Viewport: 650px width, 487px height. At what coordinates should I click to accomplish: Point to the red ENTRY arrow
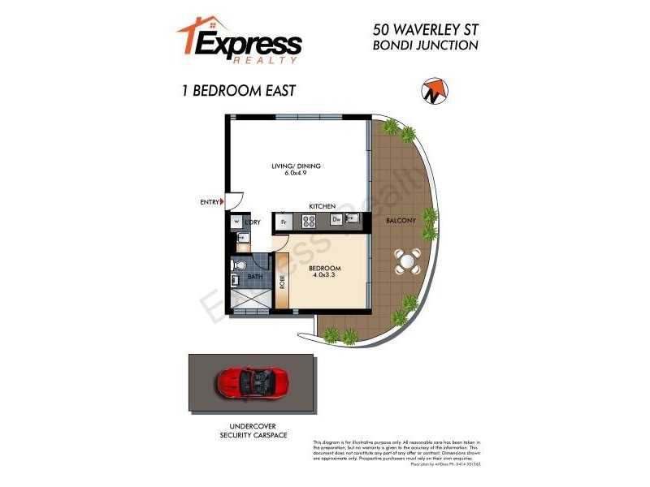pos(223,203)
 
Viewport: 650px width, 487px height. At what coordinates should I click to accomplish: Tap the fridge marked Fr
pos(284,221)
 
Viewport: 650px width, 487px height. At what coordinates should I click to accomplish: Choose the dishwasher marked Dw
pos(335,220)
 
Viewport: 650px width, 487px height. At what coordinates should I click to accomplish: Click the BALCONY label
pos(401,221)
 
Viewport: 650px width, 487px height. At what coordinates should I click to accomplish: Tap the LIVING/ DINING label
pos(296,166)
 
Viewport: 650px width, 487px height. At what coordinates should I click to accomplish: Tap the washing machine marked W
pos(236,221)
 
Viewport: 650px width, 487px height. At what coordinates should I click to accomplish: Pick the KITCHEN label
pos(323,207)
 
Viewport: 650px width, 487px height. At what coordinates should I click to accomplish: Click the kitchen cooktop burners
pos(310,220)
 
